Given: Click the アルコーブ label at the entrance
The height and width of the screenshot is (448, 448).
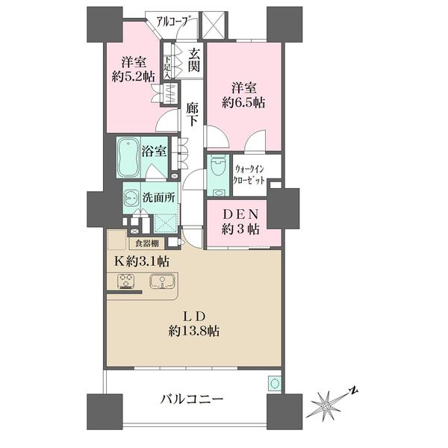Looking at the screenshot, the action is tap(173, 22).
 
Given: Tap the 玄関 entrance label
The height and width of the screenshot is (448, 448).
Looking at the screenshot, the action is tap(193, 60).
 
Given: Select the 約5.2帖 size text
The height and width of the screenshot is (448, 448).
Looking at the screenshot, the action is tap(133, 77).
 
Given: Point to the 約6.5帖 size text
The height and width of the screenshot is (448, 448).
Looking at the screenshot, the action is tap(243, 102).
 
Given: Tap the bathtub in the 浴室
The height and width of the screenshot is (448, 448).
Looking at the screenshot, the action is tap(128, 158).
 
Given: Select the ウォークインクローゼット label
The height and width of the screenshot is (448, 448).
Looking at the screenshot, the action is tap(249, 175).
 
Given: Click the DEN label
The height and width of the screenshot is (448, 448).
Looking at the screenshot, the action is tap(240, 214).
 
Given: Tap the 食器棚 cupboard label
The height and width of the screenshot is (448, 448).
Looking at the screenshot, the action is tap(146, 243).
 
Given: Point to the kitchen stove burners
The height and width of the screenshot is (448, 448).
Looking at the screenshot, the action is tap(126, 281).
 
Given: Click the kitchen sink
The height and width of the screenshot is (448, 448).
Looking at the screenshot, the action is tap(162, 281).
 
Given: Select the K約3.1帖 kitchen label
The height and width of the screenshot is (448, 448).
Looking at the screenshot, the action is tap(142, 261).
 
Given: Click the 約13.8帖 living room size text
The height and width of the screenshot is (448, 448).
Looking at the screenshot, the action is tap(194, 331).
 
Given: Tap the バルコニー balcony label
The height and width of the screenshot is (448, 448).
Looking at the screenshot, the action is tap(192, 399).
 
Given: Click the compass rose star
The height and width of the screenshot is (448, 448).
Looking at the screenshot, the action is tap(326, 405).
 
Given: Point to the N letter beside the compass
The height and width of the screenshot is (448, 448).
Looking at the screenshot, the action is tap(354, 390).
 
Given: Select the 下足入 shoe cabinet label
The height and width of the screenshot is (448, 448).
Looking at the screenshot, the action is tap(168, 66).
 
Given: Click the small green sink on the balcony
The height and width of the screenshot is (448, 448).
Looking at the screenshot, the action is tap(275, 383).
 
